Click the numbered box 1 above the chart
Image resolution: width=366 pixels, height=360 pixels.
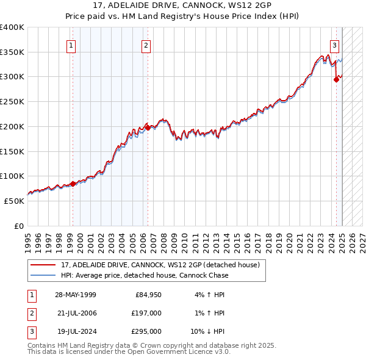pos(71,45)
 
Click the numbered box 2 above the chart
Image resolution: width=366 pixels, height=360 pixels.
pos(146,45)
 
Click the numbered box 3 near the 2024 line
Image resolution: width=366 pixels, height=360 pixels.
pos(335,45)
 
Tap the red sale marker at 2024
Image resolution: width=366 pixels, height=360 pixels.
pos(336,79)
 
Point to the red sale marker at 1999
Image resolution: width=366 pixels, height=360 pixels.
pos(73,183)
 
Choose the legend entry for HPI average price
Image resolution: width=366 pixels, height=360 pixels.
pos(144,275)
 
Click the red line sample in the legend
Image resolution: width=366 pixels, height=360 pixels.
pos(43,265)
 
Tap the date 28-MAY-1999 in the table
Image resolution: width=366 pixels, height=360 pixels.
pos(75,295)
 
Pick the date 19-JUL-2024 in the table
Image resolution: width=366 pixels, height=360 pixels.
pos(75,331)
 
